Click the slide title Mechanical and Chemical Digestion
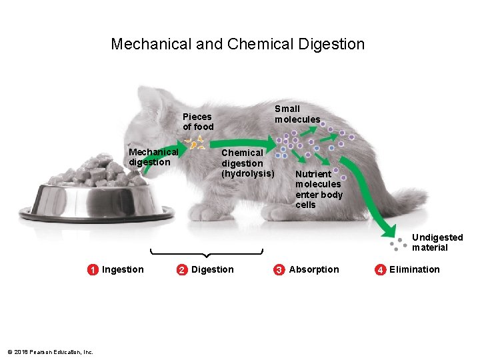tap(237, 45)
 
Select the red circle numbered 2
tap(181, 270)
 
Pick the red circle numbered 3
tap(279, 270)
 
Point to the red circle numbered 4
tap(380, 270)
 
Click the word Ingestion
tap(123, 269)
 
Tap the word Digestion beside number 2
tap(213, 269)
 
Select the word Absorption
tap(314, 269)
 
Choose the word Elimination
tap(415, 269)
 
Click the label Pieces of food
tap(198, 121)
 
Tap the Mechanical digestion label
tap(153, 157)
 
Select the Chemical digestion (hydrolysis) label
tap(247, 163)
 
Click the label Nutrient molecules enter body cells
tap(319, 189)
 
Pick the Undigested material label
tap(437, 243)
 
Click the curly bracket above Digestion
tap(206, 253)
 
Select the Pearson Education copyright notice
tap(50, 352)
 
